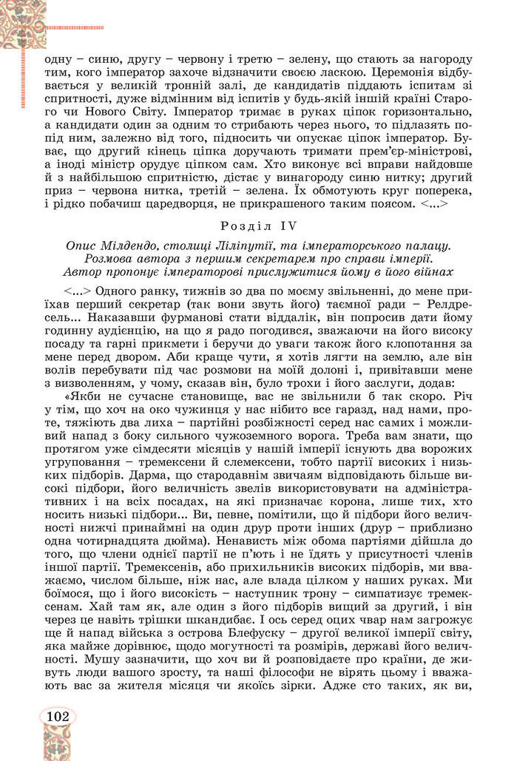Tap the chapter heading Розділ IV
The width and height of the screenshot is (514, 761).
[x=258, y=226]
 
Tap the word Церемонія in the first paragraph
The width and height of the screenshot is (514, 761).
[x=391, y=75]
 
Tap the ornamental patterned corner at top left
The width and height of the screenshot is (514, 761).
[x=23, y=22]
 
